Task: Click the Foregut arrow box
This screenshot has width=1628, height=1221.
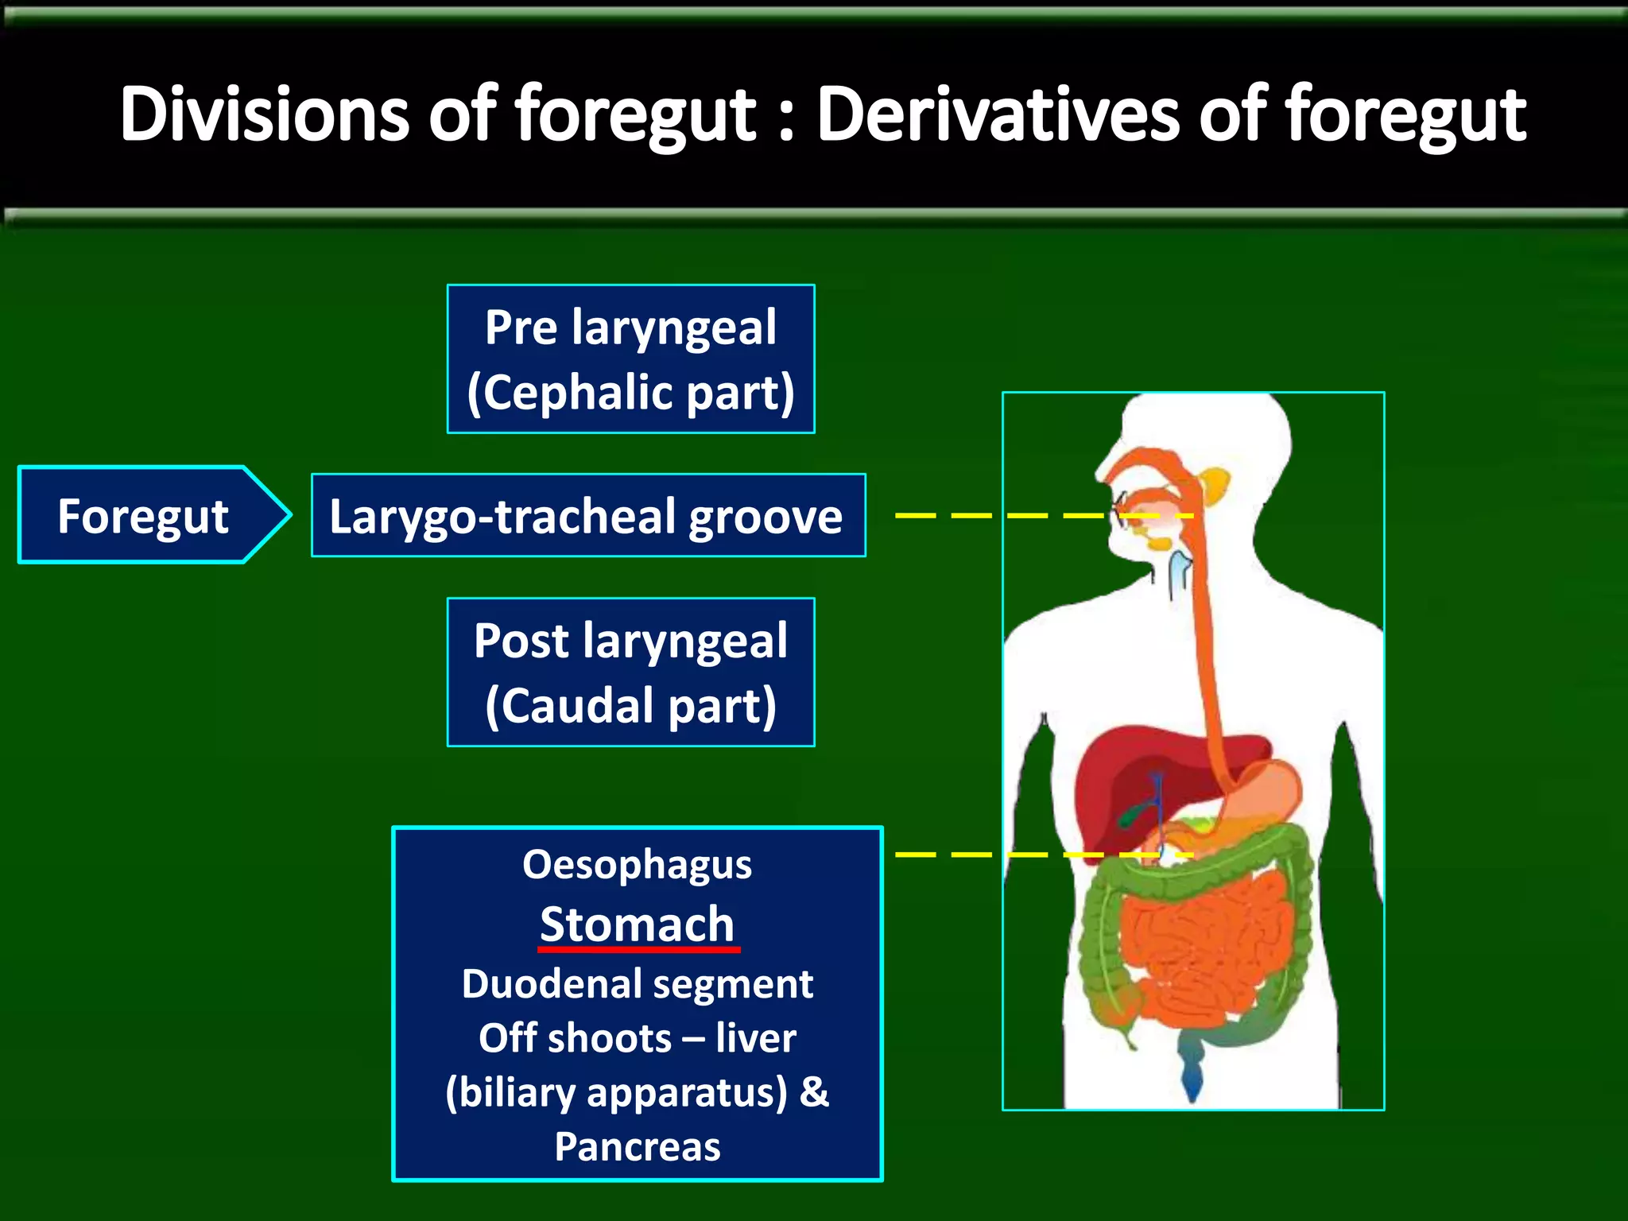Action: click(143, 515)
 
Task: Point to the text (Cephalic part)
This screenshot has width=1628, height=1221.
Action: click(630, 393)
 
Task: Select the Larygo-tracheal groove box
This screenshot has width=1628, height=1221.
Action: click(588, 515)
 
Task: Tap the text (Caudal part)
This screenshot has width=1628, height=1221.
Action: click(630, 706)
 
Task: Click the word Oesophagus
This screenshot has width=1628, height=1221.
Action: click(637, 865)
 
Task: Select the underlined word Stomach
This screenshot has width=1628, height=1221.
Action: click(637, 924)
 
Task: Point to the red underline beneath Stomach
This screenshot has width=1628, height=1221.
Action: click(639, 948)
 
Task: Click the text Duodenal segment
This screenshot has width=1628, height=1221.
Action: click(637, 984)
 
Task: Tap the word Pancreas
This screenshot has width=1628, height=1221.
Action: click(637, 1146)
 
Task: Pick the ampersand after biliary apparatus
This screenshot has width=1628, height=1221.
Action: click(814, 1091)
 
